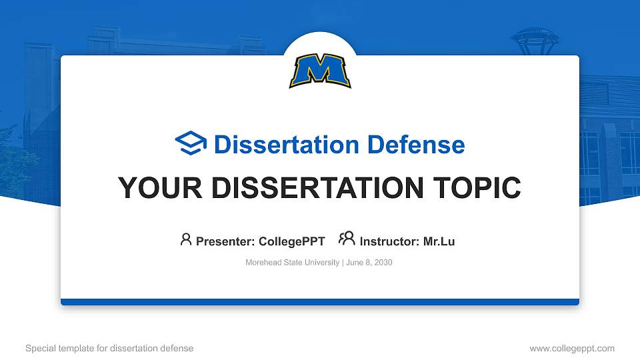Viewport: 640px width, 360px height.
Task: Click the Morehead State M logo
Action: pos(320,71)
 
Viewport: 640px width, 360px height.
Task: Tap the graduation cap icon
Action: pos(191,144)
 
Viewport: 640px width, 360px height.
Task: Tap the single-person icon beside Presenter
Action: pos(186,239)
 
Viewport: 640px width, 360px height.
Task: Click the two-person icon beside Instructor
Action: pos(347,239)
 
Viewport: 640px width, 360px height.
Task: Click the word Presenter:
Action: pos(225,241)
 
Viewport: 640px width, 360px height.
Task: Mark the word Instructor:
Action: pos(389,241)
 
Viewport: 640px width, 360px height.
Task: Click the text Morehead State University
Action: pos(293,263)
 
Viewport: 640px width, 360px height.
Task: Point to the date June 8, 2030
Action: pos(369,263)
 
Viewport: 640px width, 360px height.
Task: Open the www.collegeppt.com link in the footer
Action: pos(571,348)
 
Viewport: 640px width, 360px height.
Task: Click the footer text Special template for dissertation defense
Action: pos(109,348)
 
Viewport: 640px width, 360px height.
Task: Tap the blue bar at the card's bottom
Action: pos(320,302)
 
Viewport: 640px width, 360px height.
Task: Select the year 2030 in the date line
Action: pos(383,263)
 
